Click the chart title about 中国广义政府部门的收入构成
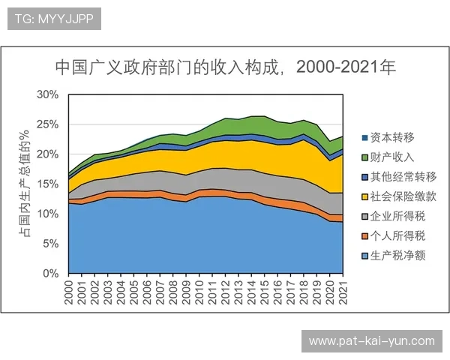[x=225, y=67]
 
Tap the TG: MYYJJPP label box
[x=53, y=19]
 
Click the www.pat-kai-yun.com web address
[x=371, y=341]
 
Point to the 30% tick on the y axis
[x=47, y=94]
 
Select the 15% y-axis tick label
[x=47, y=184]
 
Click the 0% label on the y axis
[x=50, y=274]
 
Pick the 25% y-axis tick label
[x=47, y=124]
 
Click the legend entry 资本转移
[x=387, y=138]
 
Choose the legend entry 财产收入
[x=387, y=157]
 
